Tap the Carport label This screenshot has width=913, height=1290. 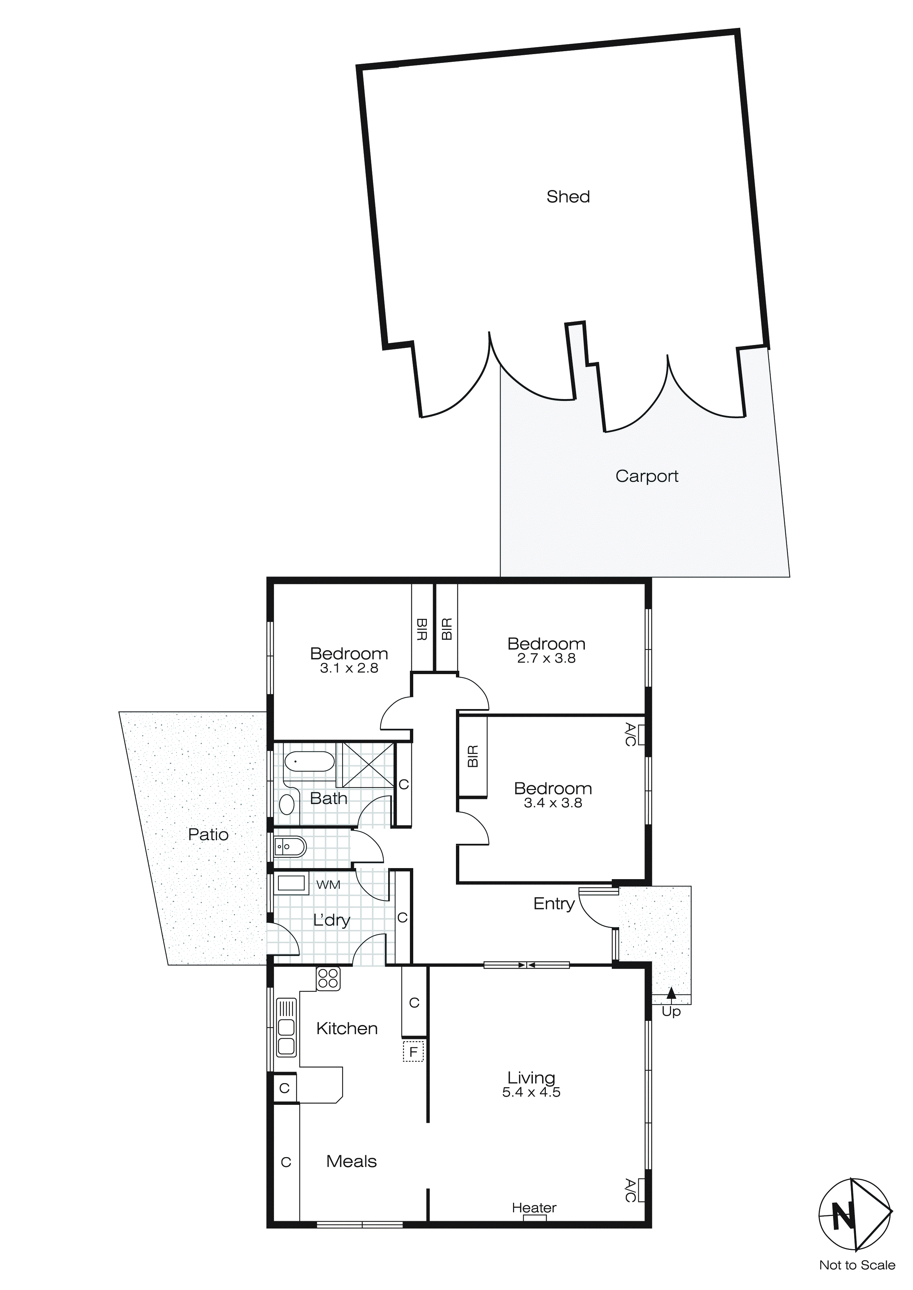pos(646,476)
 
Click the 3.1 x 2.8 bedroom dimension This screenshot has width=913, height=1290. pos(349,668)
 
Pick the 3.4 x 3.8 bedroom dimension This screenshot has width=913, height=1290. pos(553,803)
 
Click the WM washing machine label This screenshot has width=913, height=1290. pos(328,885)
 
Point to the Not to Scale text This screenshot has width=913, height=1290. pos(857,1265)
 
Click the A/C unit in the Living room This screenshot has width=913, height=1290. pos(640,1191)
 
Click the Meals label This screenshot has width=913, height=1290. pos(351,1162)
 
